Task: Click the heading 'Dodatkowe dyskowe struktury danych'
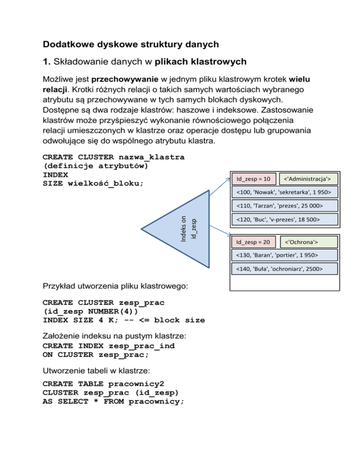pos(131,45)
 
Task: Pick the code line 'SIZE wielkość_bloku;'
pos(93,183)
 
